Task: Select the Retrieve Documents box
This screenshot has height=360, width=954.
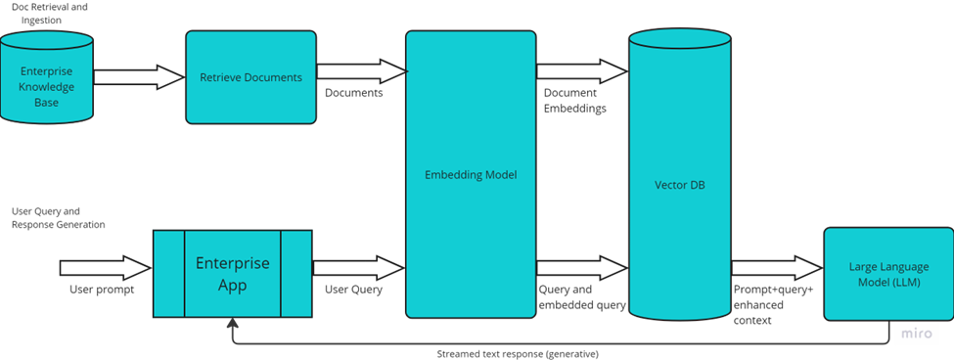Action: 251,77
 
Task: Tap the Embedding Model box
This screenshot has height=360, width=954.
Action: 471,174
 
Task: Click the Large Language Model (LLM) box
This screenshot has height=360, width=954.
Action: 887,273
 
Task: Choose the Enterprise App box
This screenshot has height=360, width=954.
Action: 232,274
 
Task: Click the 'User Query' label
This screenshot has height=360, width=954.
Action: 353,290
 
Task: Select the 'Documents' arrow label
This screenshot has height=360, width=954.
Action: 353,94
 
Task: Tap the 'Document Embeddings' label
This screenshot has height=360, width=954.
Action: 574,101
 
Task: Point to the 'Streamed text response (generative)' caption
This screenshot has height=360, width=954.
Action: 519,352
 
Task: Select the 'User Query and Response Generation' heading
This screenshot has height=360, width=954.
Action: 58,217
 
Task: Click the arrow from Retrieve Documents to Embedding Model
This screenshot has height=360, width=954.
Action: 360,70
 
